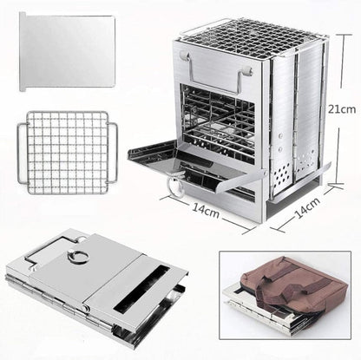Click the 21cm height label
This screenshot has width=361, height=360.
click(342, 111)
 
